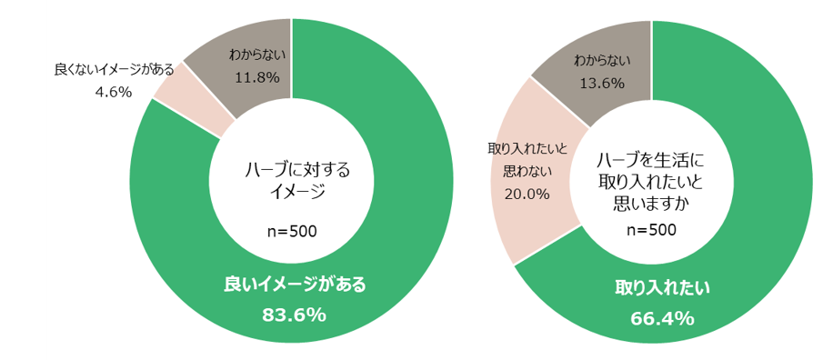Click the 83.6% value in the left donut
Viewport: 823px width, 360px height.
pos(294,315)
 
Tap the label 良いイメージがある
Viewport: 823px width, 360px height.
pos(295,285)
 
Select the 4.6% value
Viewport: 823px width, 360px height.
pos(114,91)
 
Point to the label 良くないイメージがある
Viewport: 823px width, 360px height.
pos(114,70)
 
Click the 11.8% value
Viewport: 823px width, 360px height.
pos(256,77)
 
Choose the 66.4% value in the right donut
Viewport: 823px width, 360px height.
pos(662,318)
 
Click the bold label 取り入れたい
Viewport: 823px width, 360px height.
pos(662,288)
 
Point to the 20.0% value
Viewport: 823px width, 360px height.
pos(527,193)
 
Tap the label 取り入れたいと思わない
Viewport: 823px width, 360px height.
pos(527,158)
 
